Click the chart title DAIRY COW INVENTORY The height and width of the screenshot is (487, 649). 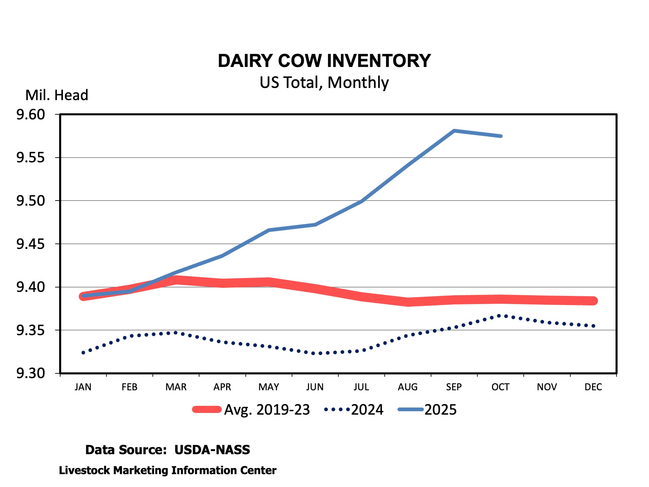324,61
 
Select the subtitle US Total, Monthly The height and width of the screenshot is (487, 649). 324,83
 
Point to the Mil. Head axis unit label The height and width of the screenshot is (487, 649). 57,95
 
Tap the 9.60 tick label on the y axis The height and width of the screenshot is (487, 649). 30,115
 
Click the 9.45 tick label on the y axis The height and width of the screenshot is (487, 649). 30,244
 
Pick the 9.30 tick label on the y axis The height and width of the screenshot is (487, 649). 30,373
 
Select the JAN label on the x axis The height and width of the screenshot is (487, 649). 83,387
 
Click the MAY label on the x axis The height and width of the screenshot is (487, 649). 269,387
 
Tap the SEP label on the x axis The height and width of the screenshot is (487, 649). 454,387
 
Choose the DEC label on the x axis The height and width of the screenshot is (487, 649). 593,387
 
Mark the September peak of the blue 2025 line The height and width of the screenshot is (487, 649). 454,131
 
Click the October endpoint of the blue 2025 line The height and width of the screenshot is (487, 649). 501,136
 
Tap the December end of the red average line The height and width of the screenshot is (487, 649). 594,301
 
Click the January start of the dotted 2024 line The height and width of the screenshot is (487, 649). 83,352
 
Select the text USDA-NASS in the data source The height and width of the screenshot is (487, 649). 212,450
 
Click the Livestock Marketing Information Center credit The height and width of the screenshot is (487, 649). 168,470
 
